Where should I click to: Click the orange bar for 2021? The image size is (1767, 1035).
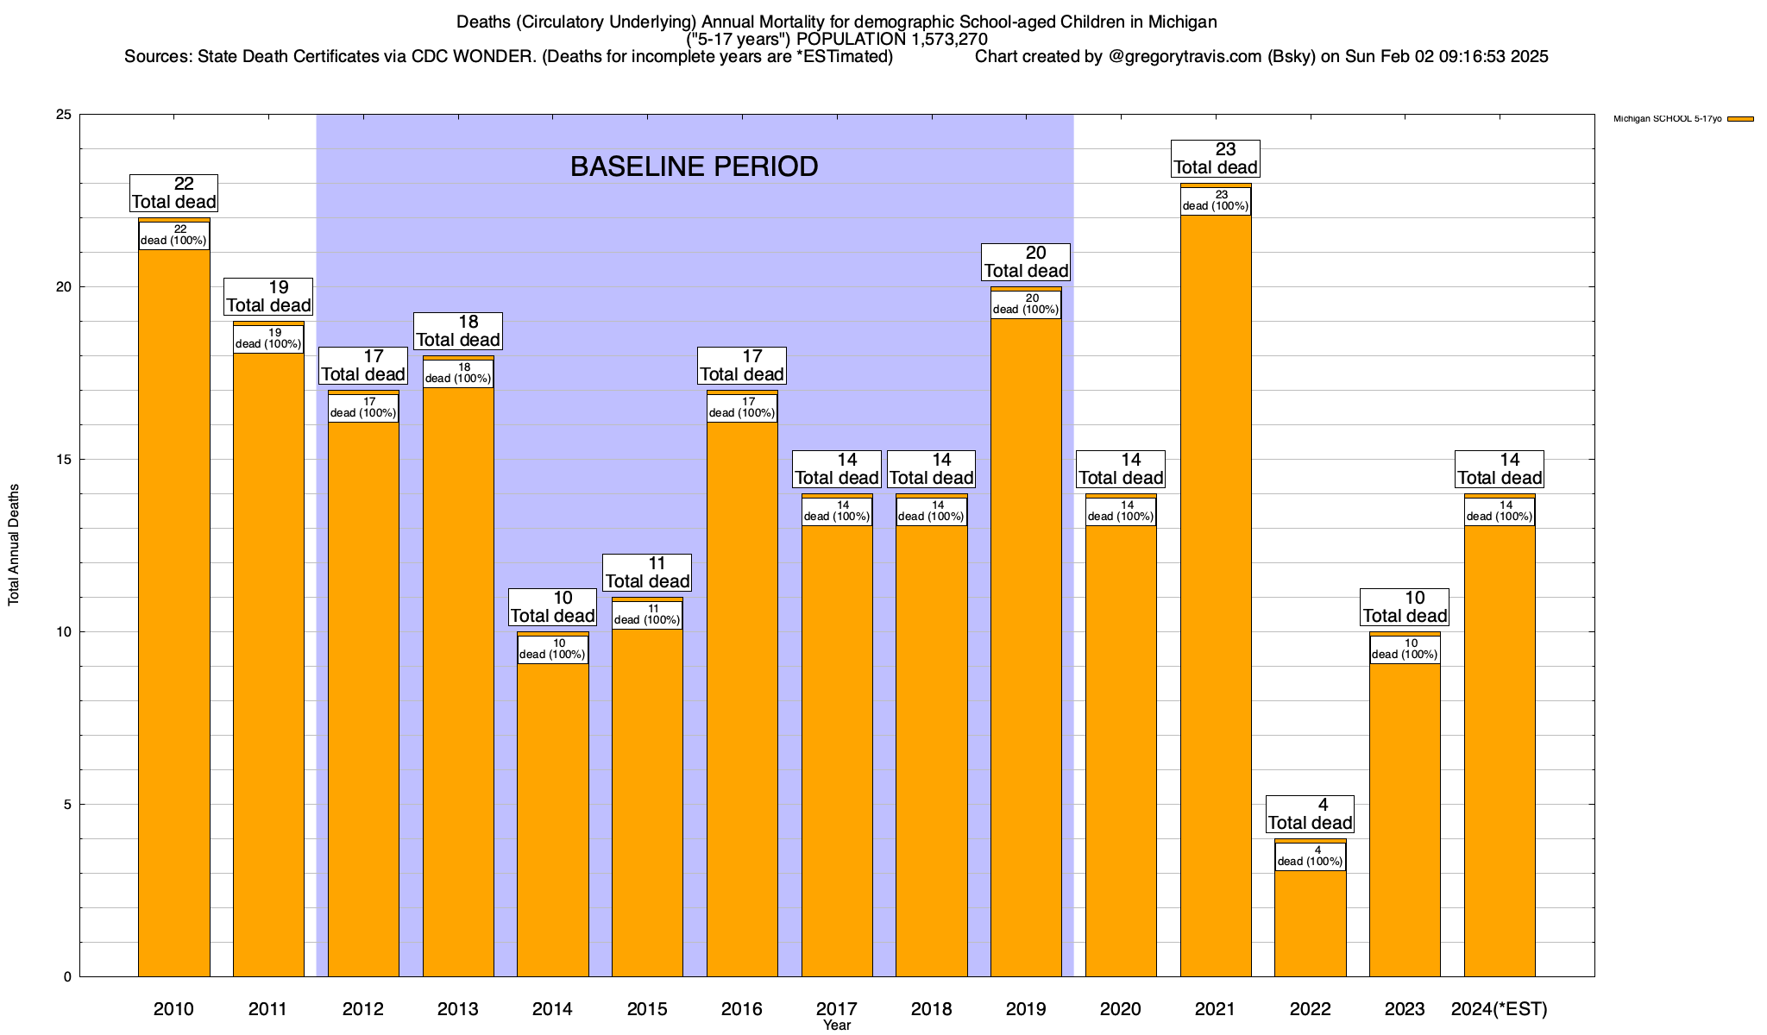click(x=1215, y=595)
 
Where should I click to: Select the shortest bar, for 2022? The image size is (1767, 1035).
click(x=1310, y=923)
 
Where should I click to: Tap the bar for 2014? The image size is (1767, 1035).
click(x=552, y=819)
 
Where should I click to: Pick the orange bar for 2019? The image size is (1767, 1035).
click(x=1026, y=647)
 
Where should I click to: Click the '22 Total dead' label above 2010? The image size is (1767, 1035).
click(x=173, y=192)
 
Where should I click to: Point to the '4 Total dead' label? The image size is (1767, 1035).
click(x=1310, y=813)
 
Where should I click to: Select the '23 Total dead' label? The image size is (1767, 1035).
click(x=1215, y=159)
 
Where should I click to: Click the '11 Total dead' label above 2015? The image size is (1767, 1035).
click(x=647, y=572)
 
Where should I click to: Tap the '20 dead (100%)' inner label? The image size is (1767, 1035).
click(x=1026, y=304)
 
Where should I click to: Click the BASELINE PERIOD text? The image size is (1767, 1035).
click(x=694, y=166)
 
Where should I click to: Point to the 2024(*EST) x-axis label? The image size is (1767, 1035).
click(x=1500, y=1009)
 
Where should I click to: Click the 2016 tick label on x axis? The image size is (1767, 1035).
click(x=742, y=1009)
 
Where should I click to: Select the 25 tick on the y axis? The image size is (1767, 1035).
click(x=64, y=115)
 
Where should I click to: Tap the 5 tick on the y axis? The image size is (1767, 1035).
click(x=67, y=805)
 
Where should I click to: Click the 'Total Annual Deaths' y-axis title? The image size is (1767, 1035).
click(x=14, y=545)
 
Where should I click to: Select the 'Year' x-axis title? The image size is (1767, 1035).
click(x=837, y=1026)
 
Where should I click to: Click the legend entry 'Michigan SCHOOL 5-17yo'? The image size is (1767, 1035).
click(x=1667, y=119)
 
